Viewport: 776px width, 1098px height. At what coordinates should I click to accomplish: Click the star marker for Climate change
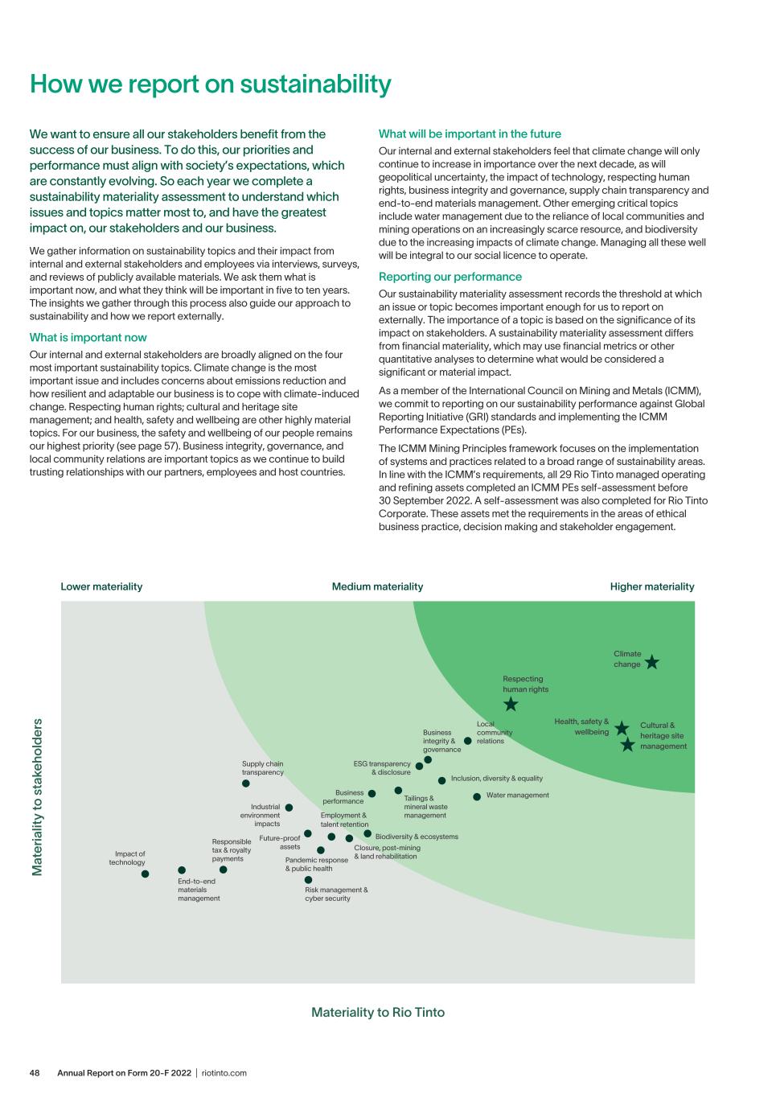coord(652,662)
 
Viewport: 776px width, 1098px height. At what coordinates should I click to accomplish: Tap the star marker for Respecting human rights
coord(511,705)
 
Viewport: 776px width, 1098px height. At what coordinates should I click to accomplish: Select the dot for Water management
coord(477,796)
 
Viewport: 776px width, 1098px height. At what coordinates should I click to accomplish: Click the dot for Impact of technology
coord(145,874)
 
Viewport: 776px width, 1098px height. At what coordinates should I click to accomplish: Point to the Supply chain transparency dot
coord(246,783)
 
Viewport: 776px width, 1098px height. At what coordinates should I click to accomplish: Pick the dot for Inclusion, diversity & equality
coord(441,780)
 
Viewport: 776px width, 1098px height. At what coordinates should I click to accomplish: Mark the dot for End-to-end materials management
coord(182,870)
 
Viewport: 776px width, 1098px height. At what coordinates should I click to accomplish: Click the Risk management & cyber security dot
coord(308,880)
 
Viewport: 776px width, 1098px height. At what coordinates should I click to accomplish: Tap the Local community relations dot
coord(468,741)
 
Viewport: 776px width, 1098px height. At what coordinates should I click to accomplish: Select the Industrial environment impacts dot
coord(289,807)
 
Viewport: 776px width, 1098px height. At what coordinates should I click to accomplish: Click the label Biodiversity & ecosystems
coord(417,837)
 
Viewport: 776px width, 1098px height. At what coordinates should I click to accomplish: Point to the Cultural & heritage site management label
coord(663,736)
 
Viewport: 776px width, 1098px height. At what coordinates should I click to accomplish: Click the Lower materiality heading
coord(101,586)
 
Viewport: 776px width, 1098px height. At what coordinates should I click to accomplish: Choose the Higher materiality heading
coord(652,586)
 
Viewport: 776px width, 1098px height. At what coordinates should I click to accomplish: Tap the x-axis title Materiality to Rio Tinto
coord(378,1012)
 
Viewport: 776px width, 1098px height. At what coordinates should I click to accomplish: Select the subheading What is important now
coord(88,337)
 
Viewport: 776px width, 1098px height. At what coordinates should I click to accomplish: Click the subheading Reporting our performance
coord(450,277)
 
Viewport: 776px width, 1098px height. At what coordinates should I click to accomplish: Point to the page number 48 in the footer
coord(35,1072)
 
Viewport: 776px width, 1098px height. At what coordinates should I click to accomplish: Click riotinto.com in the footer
coord(224,1072)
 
